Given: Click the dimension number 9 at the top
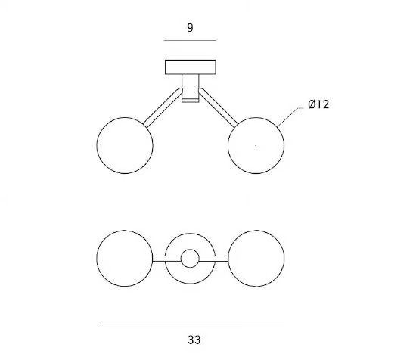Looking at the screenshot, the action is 190,28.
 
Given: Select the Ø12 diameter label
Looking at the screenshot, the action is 318,104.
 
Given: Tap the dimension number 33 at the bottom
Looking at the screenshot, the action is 194,340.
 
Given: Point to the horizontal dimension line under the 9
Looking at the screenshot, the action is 190,41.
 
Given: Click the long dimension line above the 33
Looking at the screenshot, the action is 191,324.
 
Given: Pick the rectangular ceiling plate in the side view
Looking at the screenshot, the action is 191,67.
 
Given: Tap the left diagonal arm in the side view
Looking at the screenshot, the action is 163,108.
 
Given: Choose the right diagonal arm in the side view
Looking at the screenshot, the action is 219,108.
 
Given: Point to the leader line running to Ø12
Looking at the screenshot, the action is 290,116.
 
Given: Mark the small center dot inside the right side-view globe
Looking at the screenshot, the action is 256,145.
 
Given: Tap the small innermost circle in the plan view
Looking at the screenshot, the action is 190,249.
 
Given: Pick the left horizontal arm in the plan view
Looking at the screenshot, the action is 166,259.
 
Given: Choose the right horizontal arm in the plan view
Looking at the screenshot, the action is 213,259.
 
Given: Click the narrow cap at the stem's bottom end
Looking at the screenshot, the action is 191,101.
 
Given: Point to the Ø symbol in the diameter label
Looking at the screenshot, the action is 312,104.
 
